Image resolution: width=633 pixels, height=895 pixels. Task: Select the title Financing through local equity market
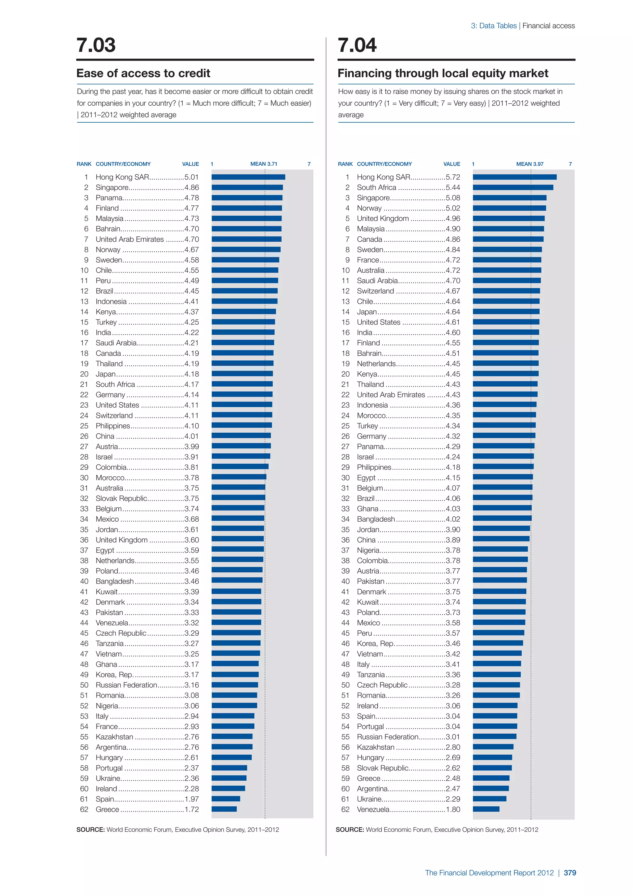(443, 73)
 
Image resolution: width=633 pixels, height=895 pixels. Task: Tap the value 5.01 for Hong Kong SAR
(191, 177)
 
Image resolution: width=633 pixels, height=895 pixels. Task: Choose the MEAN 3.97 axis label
(530, 164)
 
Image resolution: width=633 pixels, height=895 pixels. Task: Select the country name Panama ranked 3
(109, 197)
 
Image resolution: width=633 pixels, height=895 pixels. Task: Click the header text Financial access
(548, 26)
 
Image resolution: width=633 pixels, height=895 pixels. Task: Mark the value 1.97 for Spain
(191, 799)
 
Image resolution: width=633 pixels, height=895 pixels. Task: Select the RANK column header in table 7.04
(345, 164)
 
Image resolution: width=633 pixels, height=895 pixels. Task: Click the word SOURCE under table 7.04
(350, 829)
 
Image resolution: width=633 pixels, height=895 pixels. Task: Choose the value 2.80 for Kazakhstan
(452, 747)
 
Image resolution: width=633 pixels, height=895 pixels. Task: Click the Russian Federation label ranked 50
(126, 685)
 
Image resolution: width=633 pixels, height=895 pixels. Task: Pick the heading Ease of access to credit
(143, 73)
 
